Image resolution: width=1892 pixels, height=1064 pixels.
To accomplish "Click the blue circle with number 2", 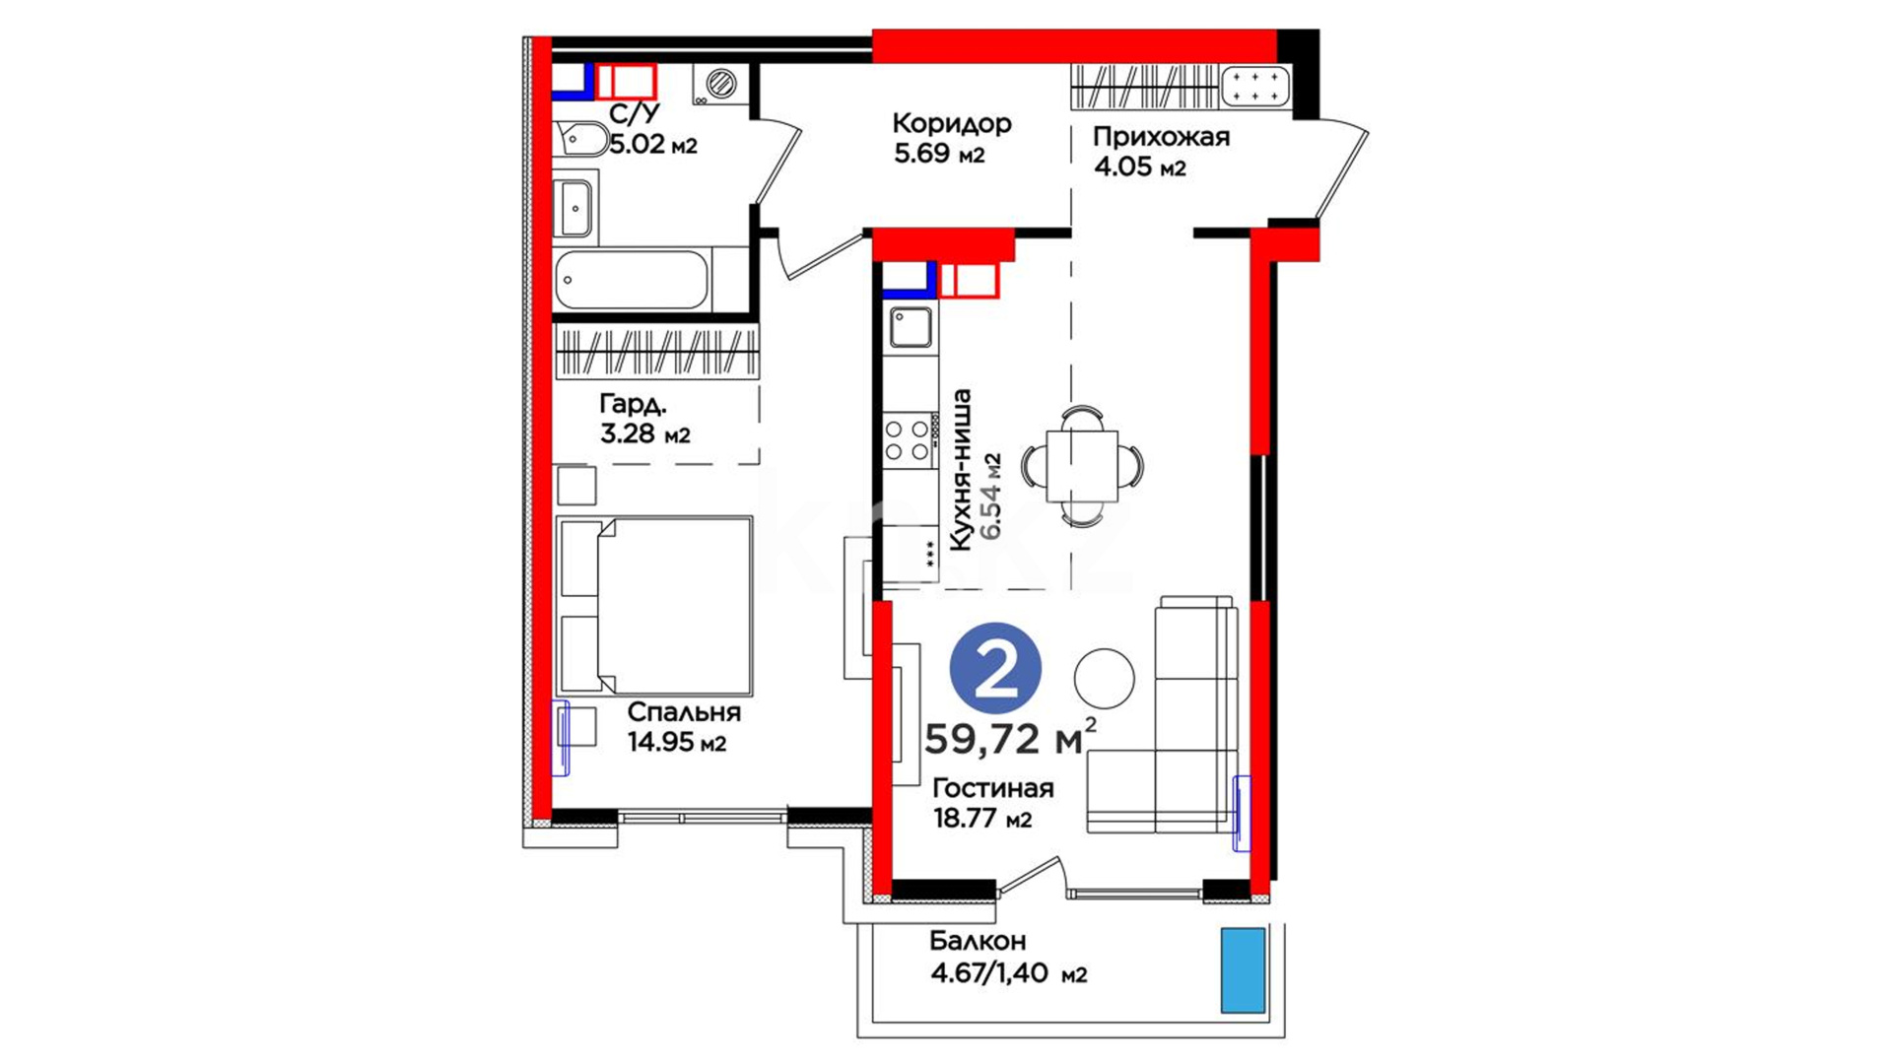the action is pos(995,670).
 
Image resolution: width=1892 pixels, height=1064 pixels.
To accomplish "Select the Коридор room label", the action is pos(951,123).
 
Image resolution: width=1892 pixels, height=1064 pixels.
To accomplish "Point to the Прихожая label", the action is pos(1161,137).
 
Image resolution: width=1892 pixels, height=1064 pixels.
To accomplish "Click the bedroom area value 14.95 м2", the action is pos(677,742).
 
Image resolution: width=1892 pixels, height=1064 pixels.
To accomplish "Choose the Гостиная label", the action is pos(992,788).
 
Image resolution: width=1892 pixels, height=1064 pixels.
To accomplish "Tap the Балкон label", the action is pos(978,941).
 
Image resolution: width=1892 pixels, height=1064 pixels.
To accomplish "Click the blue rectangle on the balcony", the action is pos(1243,970).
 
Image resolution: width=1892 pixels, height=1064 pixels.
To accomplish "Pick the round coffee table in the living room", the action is pos(1104,679).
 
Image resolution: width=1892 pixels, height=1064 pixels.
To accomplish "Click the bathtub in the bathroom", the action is pos(632,280).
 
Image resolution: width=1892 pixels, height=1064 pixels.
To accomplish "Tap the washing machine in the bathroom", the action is pos(719,84).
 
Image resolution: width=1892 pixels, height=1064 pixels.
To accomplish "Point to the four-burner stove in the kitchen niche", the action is pos(908,439).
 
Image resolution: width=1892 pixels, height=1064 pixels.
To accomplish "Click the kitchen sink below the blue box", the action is pos(910,327).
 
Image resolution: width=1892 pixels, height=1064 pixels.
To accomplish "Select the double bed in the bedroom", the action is pos(654,605).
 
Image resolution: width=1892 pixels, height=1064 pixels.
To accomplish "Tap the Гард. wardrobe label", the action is pos(633,404).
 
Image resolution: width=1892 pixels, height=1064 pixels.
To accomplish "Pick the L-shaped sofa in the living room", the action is pos(1163,714).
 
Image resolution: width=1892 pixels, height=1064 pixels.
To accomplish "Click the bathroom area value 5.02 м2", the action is pos(652,145).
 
